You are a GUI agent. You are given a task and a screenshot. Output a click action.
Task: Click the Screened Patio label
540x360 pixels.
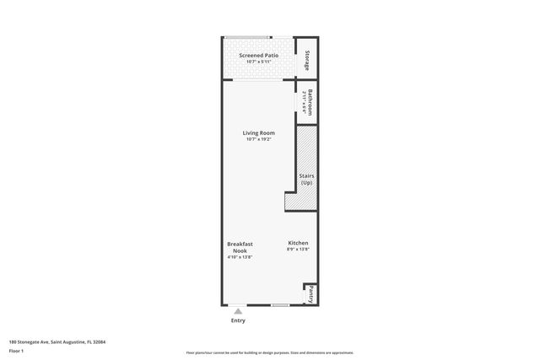click(258, 56)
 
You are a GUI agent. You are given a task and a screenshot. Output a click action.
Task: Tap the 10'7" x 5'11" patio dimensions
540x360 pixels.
click(258, 62)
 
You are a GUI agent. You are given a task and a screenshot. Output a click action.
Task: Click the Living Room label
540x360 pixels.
click(258, 132)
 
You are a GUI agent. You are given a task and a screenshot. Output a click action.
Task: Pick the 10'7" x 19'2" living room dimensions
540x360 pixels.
click(258, 139)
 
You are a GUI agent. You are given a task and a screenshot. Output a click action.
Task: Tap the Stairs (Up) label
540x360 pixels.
click(306, 179)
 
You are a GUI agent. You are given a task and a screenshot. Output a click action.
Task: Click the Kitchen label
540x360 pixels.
click(298, 243)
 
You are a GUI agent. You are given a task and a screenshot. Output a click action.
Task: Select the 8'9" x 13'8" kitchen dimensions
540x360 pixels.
click(298, 250)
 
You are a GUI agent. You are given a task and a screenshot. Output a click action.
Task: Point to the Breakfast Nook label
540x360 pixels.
click(240, 247)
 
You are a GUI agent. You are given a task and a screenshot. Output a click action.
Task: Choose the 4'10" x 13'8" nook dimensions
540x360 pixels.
click(240, 257)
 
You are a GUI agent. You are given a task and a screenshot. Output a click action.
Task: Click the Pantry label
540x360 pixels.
click(310, 295)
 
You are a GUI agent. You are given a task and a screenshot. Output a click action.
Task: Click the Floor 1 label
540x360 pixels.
click(16, 350)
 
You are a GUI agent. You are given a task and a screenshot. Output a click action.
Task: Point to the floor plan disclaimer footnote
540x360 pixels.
click(269, 352)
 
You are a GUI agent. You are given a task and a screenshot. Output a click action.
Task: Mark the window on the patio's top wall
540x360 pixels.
click(247, 37)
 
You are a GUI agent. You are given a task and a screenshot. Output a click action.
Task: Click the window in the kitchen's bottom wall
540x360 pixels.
click(281, 304)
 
